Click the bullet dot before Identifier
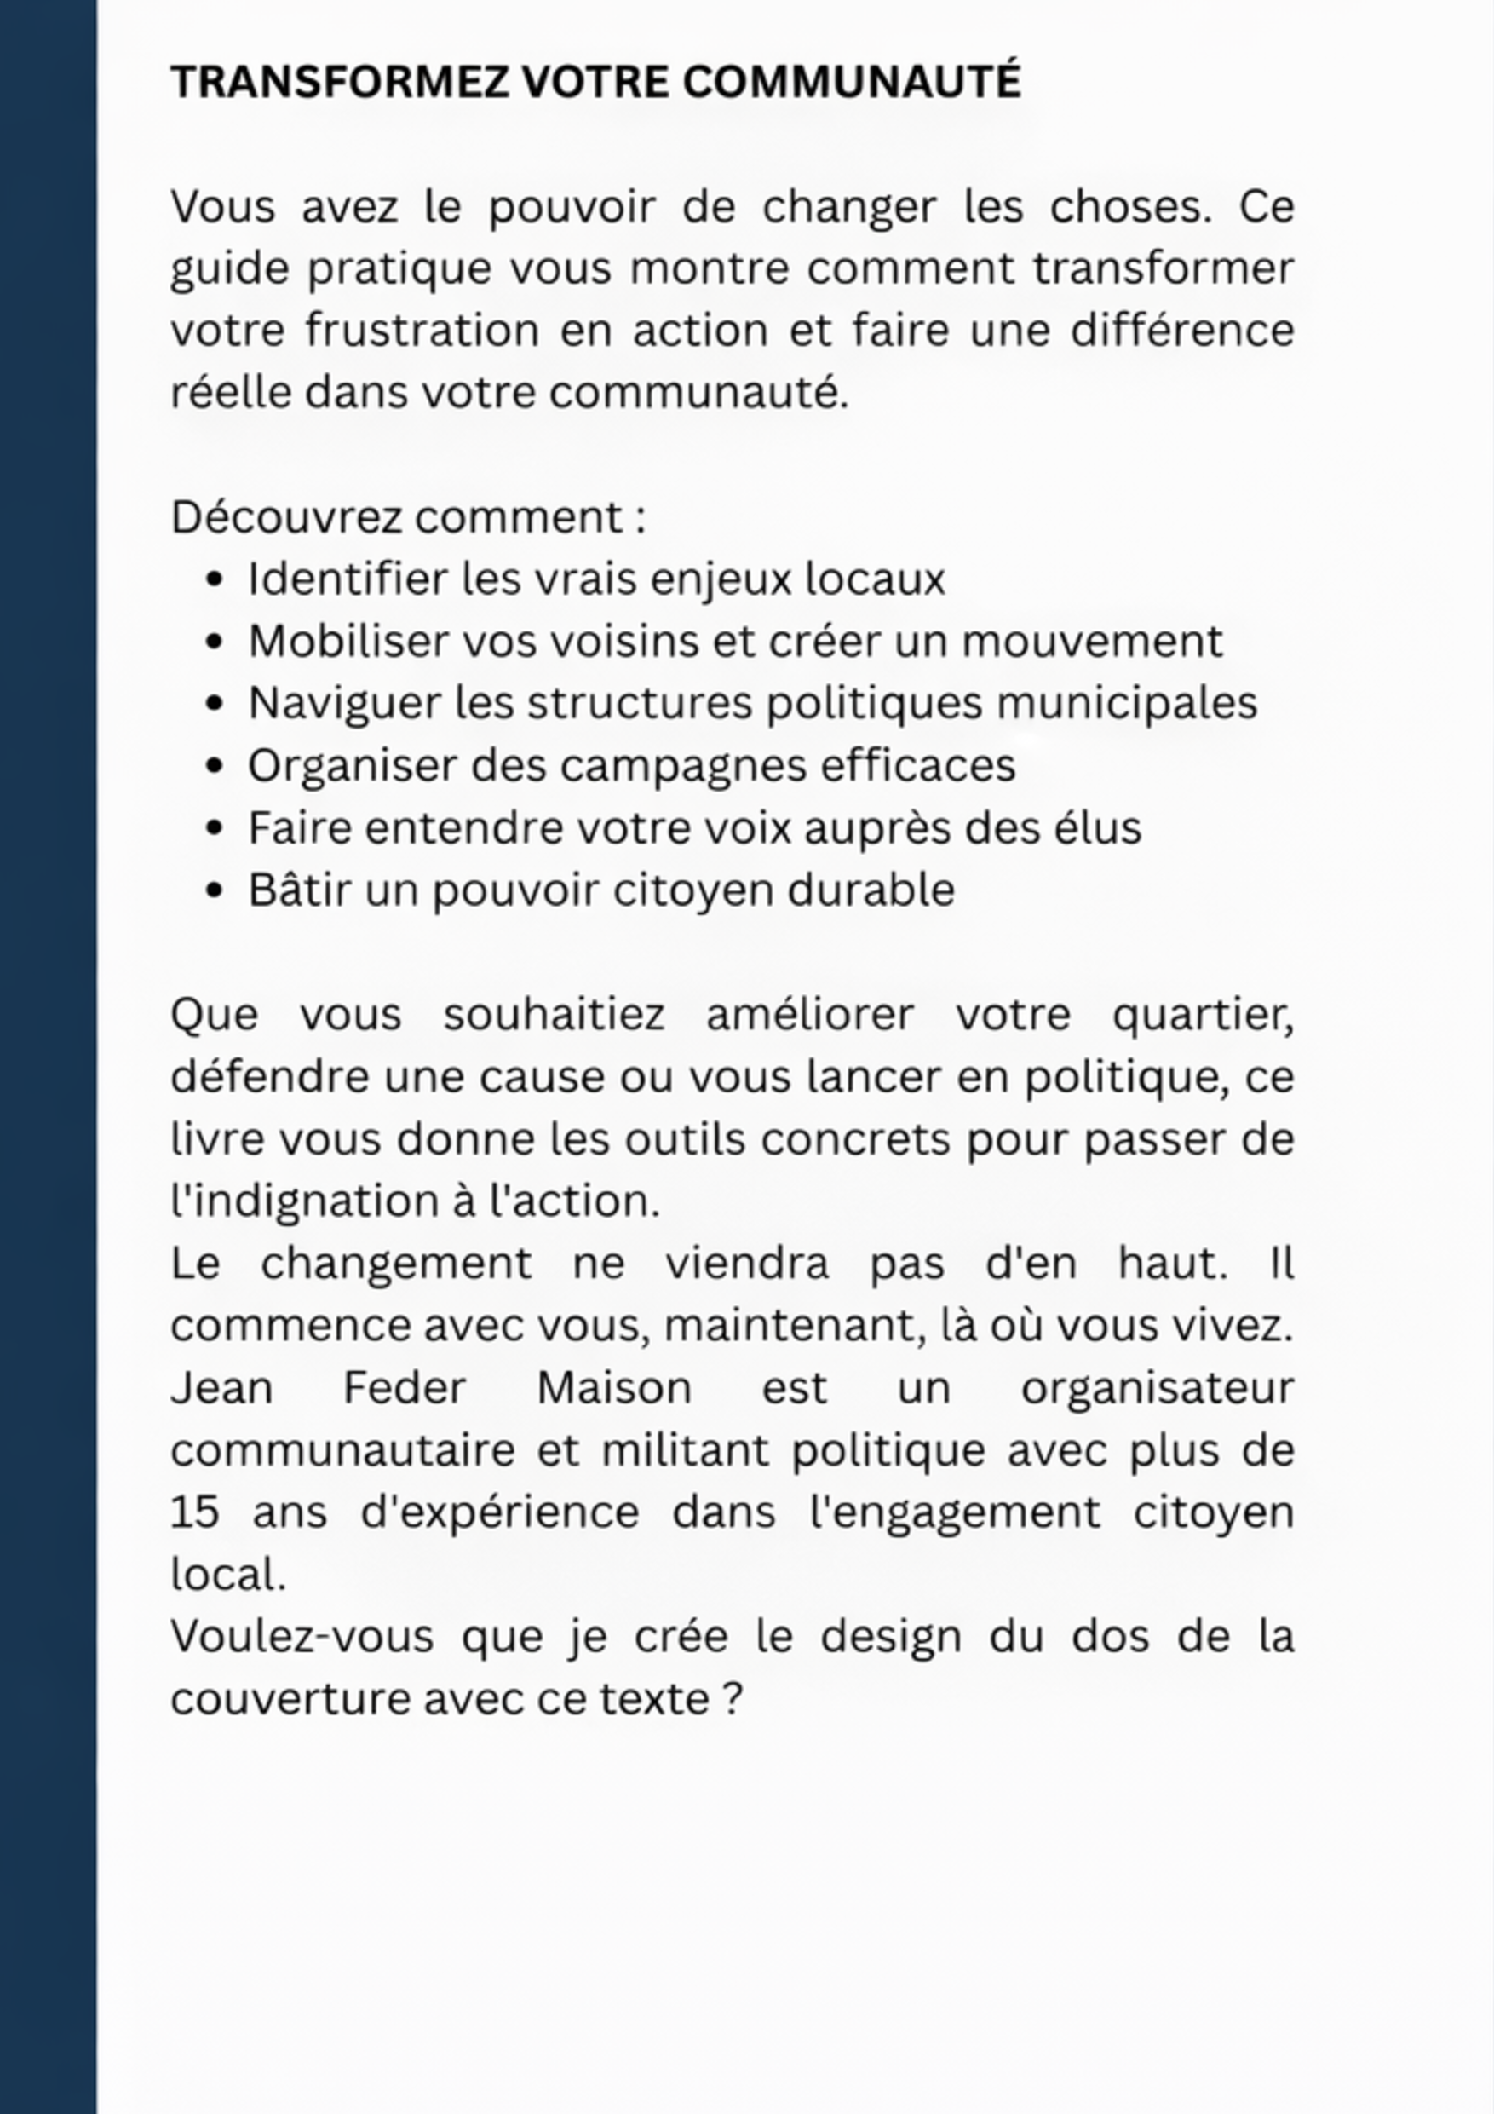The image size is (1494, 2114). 215,581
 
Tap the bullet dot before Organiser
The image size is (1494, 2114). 215,767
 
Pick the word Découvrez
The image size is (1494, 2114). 285,517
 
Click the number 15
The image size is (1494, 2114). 194,1512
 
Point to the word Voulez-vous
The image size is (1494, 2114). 301,1637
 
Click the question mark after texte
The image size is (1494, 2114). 733,1699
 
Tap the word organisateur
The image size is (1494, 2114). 1157,1389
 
